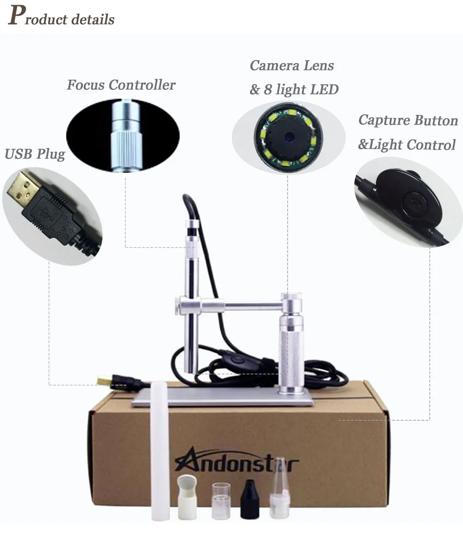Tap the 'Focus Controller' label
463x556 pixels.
click(121, 85)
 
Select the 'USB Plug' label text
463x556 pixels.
click(35, 154)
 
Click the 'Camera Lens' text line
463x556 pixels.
click(292, 66)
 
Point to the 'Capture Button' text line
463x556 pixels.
click(408, 120)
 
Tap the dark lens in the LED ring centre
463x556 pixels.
click(288, 136)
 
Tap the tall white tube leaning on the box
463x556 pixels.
click(160, 449)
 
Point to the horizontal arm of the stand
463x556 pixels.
click(241, 304)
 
